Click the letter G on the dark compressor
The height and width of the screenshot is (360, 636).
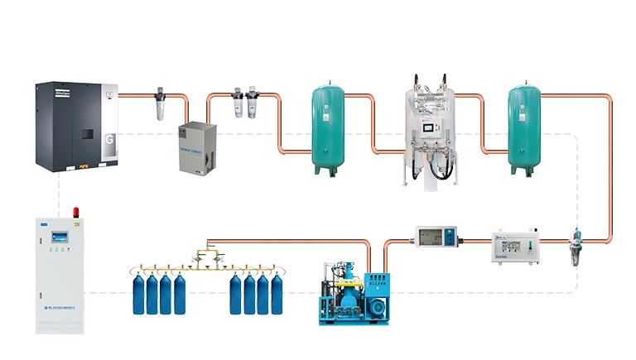click(x=109, y=138)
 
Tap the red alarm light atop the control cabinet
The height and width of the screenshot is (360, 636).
click(x=77, y=212)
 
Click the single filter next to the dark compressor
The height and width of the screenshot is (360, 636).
click(x=161, y=106)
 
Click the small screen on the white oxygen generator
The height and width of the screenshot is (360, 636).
click(x=427, y=129)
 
